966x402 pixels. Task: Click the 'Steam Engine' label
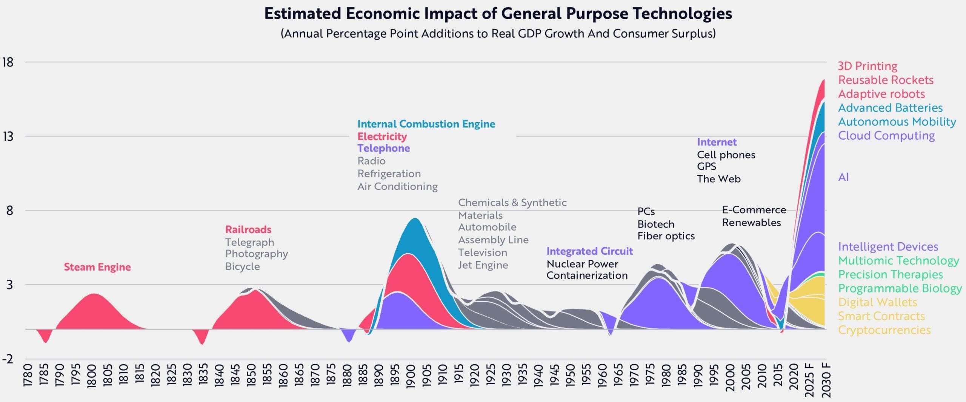(x=97, y=267)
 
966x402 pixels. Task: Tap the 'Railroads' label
(x=248, y=229)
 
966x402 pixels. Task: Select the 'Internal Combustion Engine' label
(x=426, y=124)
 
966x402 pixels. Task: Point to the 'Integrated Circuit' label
(x=589, y=251)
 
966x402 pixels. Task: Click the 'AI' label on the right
(x=843, y=177)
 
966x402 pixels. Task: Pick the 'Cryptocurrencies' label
(x=884, y=330)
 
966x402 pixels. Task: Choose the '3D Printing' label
(x=868, y=66)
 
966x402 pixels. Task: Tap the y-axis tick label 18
(x=8, y=62)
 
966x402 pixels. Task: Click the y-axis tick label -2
(x=8, y=359)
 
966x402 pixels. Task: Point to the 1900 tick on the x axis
(x=411, y=376)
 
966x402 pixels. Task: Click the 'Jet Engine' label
(x=483, y=265)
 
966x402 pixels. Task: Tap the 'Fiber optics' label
(x=666, y=236)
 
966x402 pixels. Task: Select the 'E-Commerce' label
(x=754, y=210)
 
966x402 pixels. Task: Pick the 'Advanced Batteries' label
(x=890, y=108)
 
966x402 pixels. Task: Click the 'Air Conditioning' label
(x=397, y=186)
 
